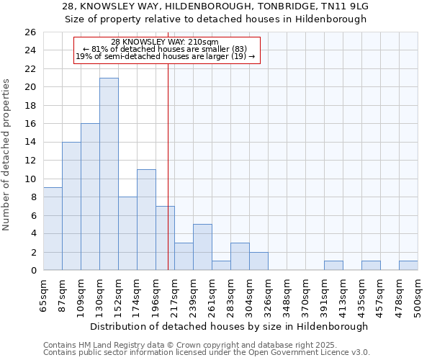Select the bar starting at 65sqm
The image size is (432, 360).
[53, 228]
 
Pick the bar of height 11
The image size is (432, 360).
[146, 220]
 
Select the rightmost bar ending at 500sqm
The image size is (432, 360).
[408, 266]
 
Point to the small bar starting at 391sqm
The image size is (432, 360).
[333, 266]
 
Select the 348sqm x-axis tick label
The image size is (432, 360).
[287, 294]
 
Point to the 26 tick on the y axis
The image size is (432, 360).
[30, 32]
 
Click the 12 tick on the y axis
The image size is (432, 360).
[30, 161]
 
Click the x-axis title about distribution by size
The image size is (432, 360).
[230, 326]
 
